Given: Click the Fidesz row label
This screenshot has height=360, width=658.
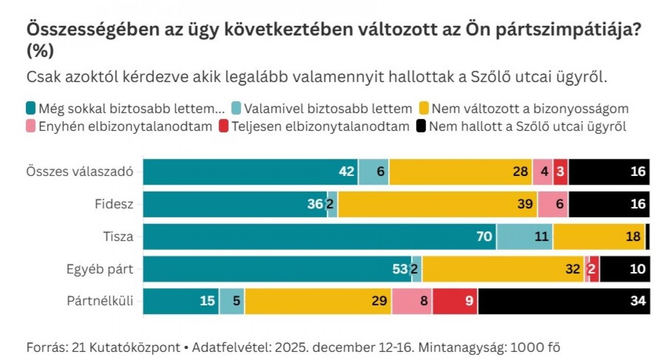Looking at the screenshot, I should pyautogui.click(x=114, y=204).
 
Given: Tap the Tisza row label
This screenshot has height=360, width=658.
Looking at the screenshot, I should pyautogui.click(x=118, y=237).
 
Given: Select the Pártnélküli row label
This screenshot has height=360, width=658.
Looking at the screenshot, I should pyautogui.click(x=100, y=301).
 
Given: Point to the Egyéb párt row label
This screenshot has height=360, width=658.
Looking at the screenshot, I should pyautogui.click(x=100, y=269).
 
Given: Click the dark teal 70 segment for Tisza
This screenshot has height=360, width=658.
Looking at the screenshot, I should pyautogui.click(x=320, y=237).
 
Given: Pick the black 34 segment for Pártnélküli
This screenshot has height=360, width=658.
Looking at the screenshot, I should pyautogui.click(x=564, y=301).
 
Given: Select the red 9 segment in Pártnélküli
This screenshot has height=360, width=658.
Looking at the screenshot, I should pyautogui.click(x=455, y=301).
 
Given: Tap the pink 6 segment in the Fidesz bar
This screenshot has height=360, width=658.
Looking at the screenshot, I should pyautogui.click(x=553, y=204).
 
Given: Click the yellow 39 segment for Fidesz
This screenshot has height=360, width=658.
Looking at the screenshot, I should pyautogui.click(x=437, y=204).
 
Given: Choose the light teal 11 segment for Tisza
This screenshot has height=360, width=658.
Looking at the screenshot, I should pyautogui.click(x=525, y=237).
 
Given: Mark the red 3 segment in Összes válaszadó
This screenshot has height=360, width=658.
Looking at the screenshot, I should pyautogui.click(x=561, y=171).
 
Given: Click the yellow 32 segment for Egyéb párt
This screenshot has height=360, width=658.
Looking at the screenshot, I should pyautogui.click(x=503, y=269).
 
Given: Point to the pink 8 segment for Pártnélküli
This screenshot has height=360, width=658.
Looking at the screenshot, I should pyautogui.click(x=412, y=301).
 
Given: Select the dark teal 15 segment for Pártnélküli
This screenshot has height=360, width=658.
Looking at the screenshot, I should pyautogui.click(x=181, y=301).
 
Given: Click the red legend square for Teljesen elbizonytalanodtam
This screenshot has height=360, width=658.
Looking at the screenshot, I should pyautogui.click(x=224, y=126).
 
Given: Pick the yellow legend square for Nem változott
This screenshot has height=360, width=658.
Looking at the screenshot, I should pyautogui.click(x=424, y=108).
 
